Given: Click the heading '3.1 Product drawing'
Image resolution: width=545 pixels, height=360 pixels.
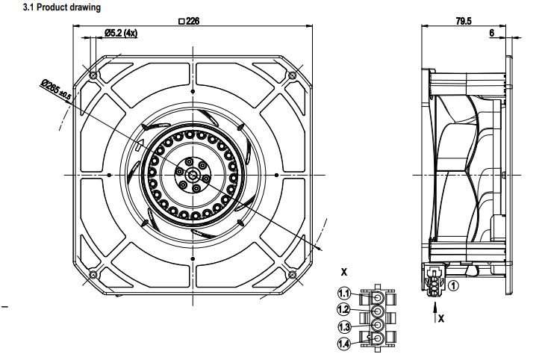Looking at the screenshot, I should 52,7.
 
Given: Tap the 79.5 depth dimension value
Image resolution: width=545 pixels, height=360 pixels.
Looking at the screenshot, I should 463,21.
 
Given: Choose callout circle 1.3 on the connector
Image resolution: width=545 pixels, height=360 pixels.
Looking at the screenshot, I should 344,326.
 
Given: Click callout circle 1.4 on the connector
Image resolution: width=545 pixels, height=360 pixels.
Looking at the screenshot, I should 344,344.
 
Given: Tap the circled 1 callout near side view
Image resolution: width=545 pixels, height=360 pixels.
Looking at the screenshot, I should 454,284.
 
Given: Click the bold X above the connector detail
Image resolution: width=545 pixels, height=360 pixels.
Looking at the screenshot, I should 343,270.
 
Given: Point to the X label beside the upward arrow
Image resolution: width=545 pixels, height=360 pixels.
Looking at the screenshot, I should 441,318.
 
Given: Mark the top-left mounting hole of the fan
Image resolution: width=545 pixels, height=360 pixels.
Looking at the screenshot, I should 93,75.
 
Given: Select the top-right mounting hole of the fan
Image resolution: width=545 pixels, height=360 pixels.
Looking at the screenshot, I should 292,75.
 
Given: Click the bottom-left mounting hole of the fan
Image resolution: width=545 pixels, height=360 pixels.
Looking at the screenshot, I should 93,274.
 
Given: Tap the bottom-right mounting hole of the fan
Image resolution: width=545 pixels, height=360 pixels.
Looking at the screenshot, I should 292,274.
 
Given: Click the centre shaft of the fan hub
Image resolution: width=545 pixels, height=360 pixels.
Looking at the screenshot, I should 192,175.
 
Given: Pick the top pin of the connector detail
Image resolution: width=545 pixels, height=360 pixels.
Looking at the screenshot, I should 377,294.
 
